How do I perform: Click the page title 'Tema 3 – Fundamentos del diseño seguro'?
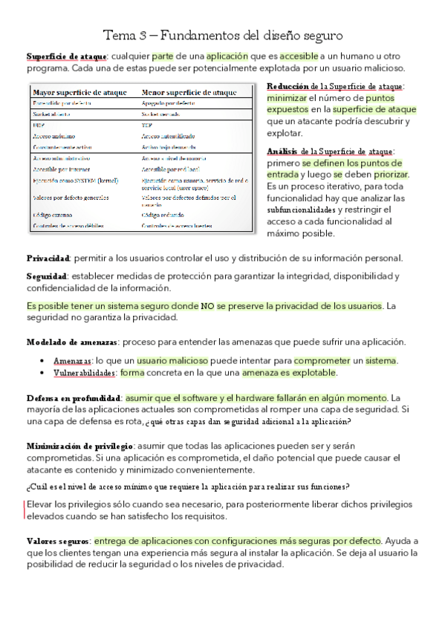[223, 36]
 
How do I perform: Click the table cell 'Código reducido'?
[161, 214]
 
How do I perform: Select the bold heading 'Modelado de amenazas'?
[72, 342]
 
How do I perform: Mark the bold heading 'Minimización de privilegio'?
[79, 446]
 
